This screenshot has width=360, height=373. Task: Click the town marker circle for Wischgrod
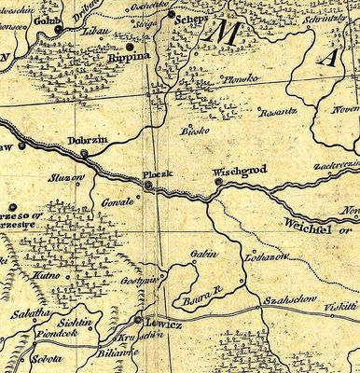click(217, 183)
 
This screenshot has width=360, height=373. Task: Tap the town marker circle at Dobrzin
click(84, 153)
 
